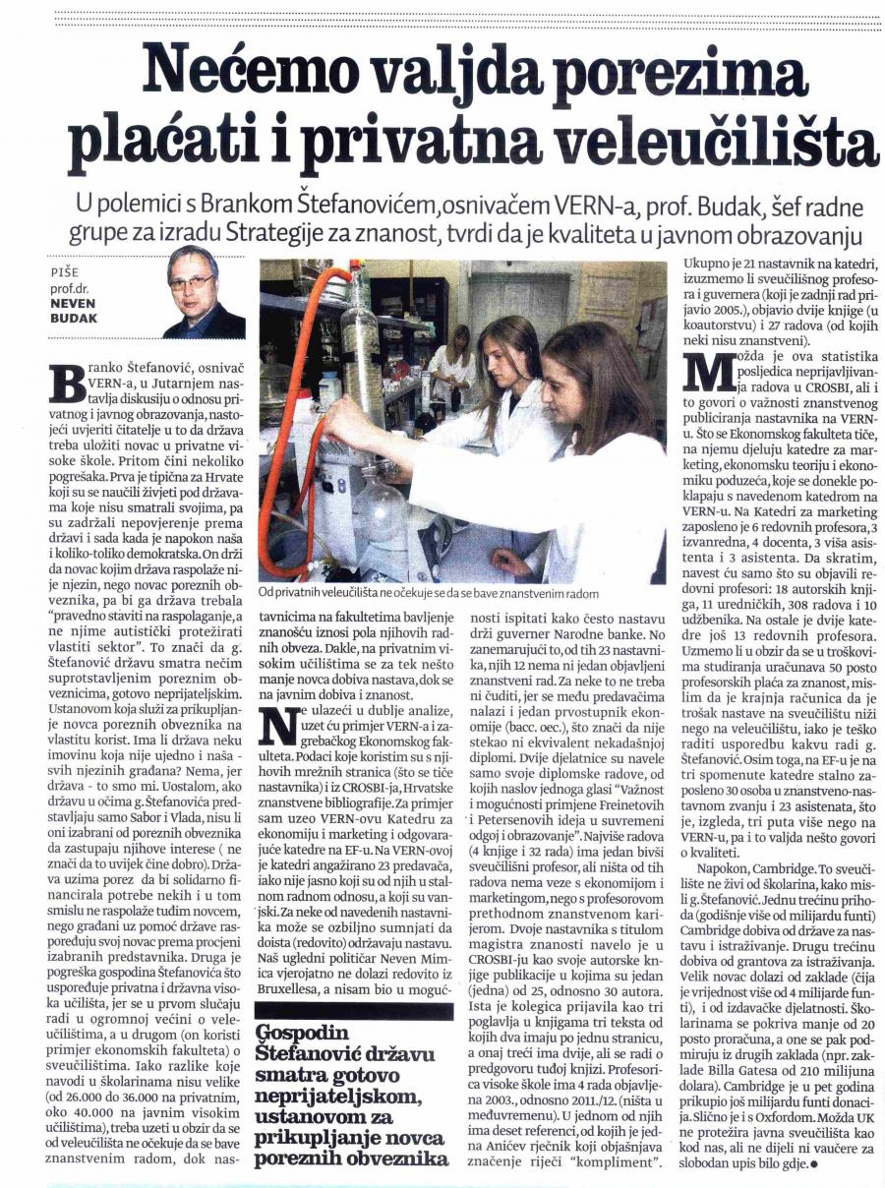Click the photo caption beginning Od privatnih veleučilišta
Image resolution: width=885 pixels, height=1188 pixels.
(x=429, y=593)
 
